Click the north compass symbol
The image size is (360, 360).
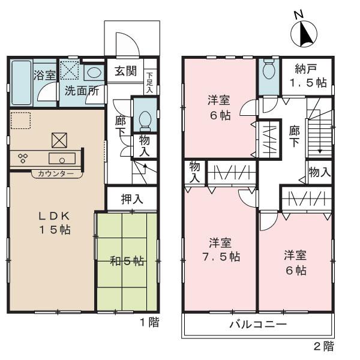point(305,33)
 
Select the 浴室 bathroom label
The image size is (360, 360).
point(44,76)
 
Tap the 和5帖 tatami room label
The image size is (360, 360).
point(127,261)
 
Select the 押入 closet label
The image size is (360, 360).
point(132,199)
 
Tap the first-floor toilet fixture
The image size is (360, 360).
point(144,121)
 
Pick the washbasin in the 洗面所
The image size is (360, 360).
point(94,73)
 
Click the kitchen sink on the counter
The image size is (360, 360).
point(62,159)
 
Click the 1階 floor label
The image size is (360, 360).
point(149,323)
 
